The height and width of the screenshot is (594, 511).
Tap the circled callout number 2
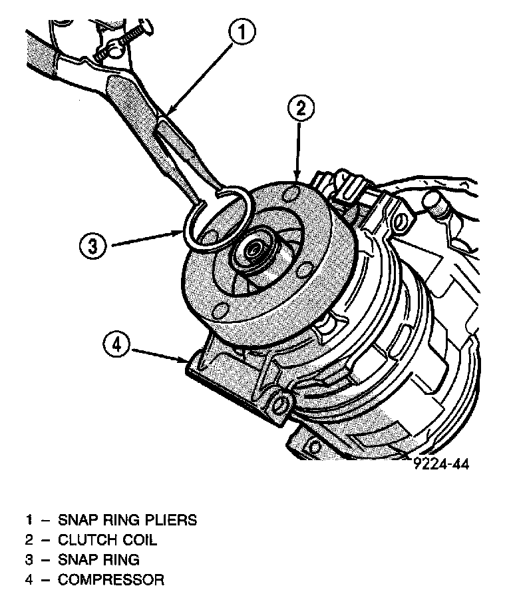coord(301,109)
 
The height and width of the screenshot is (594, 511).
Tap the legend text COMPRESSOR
coord(111,579)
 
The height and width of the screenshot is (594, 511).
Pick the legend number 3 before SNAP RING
coord(29,559)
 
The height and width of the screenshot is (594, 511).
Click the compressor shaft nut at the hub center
coord(254,250)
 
